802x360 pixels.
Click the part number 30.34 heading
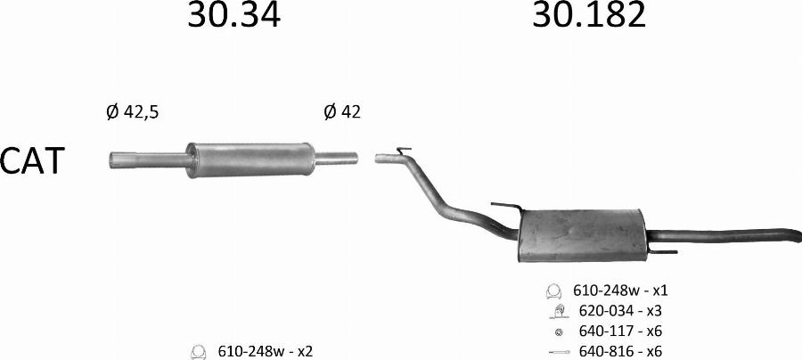[233, 14]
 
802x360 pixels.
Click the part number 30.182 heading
[589, 14]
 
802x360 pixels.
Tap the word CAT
[33, 160]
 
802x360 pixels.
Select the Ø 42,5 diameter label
[133, 112]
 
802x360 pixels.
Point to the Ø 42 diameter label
[341, 111]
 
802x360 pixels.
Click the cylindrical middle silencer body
[250, 160]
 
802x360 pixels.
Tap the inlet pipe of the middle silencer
[148, 160]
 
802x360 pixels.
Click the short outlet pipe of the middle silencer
[336, 159]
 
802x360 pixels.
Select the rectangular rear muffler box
[582, 235]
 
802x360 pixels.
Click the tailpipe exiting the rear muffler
[724, 236]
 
